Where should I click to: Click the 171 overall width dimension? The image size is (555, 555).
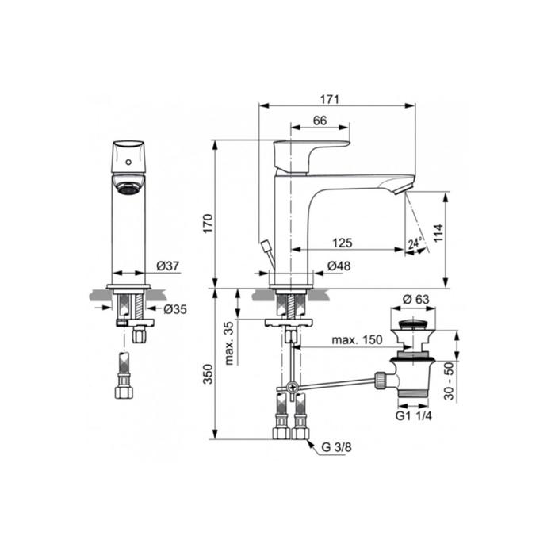tap(330, 99)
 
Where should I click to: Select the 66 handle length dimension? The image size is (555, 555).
tap(320, 121)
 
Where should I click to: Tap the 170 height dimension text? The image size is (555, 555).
tap(208, 224)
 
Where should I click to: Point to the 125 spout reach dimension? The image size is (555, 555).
tap(343, 243)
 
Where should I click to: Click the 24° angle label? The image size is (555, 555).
tap(415, 243)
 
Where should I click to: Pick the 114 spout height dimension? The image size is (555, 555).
tap(438, 232)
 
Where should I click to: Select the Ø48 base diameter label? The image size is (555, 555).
tap(339, 266)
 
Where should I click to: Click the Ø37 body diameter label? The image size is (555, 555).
tap(168, 266)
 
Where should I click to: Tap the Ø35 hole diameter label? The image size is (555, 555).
tap(175, 309)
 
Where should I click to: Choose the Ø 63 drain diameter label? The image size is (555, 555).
tap(416, 300)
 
